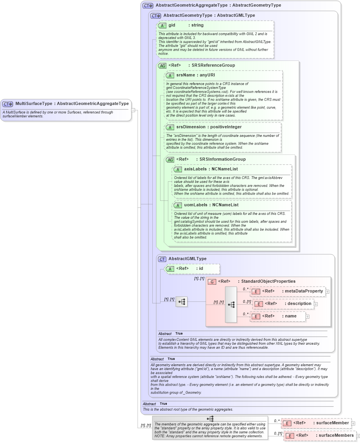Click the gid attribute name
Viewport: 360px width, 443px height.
point(172,25)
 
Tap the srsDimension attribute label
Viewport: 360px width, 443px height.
point(191,127)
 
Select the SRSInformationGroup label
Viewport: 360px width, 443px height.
point(222,159)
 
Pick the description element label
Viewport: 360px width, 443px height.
point(299,303)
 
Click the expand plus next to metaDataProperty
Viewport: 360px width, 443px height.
point(327,291)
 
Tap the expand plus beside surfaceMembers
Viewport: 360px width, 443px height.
point(358,436)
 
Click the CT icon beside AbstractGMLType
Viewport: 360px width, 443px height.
point(162,259)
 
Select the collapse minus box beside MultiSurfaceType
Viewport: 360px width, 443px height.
point(133,110)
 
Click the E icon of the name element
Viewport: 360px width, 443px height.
point(256,316)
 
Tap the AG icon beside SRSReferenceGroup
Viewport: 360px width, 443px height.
point(162,66)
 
